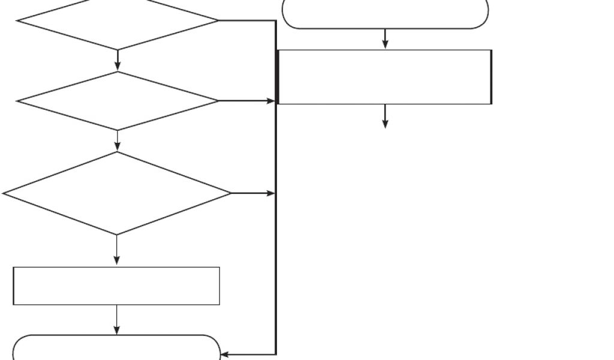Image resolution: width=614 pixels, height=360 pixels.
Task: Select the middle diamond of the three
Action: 118,101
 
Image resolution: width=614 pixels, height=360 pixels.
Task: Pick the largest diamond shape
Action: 117,193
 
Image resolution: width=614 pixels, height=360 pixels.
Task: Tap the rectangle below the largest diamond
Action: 116,286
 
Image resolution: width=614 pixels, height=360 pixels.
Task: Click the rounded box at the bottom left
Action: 116,348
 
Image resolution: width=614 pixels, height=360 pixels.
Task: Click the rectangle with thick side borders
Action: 385,77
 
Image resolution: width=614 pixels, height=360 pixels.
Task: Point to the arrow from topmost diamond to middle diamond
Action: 118,60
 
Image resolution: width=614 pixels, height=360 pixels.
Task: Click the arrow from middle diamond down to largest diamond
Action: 118,140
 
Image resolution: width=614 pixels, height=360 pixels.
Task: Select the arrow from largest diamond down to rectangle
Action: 116,250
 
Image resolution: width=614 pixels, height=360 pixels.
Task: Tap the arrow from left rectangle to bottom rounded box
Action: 116,320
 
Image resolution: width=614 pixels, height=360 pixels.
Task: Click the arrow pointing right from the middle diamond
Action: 246,101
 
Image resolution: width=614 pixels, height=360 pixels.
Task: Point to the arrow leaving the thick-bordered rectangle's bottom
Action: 385,116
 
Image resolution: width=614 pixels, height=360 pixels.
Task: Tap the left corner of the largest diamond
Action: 5,193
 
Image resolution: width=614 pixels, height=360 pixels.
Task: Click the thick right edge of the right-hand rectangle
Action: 491,77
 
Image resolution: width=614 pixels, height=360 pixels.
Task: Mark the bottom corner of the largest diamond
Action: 117,234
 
